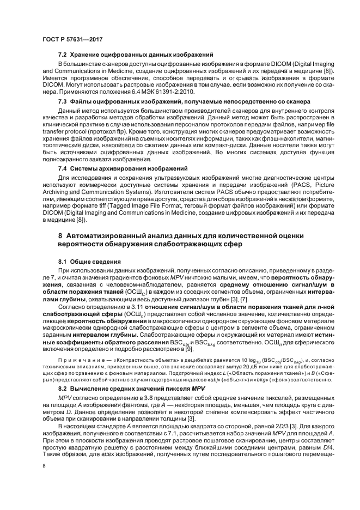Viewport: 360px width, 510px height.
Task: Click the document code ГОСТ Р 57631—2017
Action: pyautogui.click(x=72, y=39)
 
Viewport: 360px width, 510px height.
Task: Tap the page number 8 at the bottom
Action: pyautogui.click(x=44, y=466)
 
